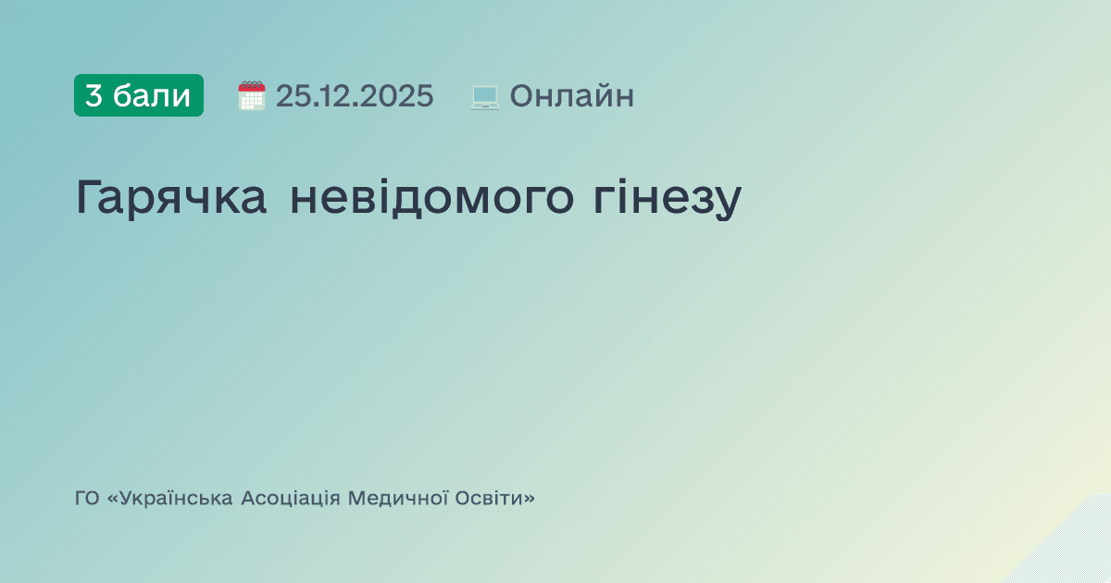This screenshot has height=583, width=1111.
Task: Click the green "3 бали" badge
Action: point(139,95)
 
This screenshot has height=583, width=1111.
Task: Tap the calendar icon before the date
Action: point(252,96)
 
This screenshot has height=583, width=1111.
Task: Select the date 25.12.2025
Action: point(355,96)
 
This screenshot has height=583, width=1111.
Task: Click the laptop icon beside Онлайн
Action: point(485,96)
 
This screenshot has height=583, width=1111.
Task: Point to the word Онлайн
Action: point(572,96)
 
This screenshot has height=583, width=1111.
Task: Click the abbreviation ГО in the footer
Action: point(87,499)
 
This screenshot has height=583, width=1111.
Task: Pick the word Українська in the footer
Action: point(174,499)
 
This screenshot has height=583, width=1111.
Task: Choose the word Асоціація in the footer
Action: point(291,499)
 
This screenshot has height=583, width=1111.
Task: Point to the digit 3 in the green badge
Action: point(94,95)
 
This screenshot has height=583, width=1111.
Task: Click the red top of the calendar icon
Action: point(252,86)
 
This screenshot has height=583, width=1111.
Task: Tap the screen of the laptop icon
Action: point(485,94)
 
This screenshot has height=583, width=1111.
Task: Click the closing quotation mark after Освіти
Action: point(529,499)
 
